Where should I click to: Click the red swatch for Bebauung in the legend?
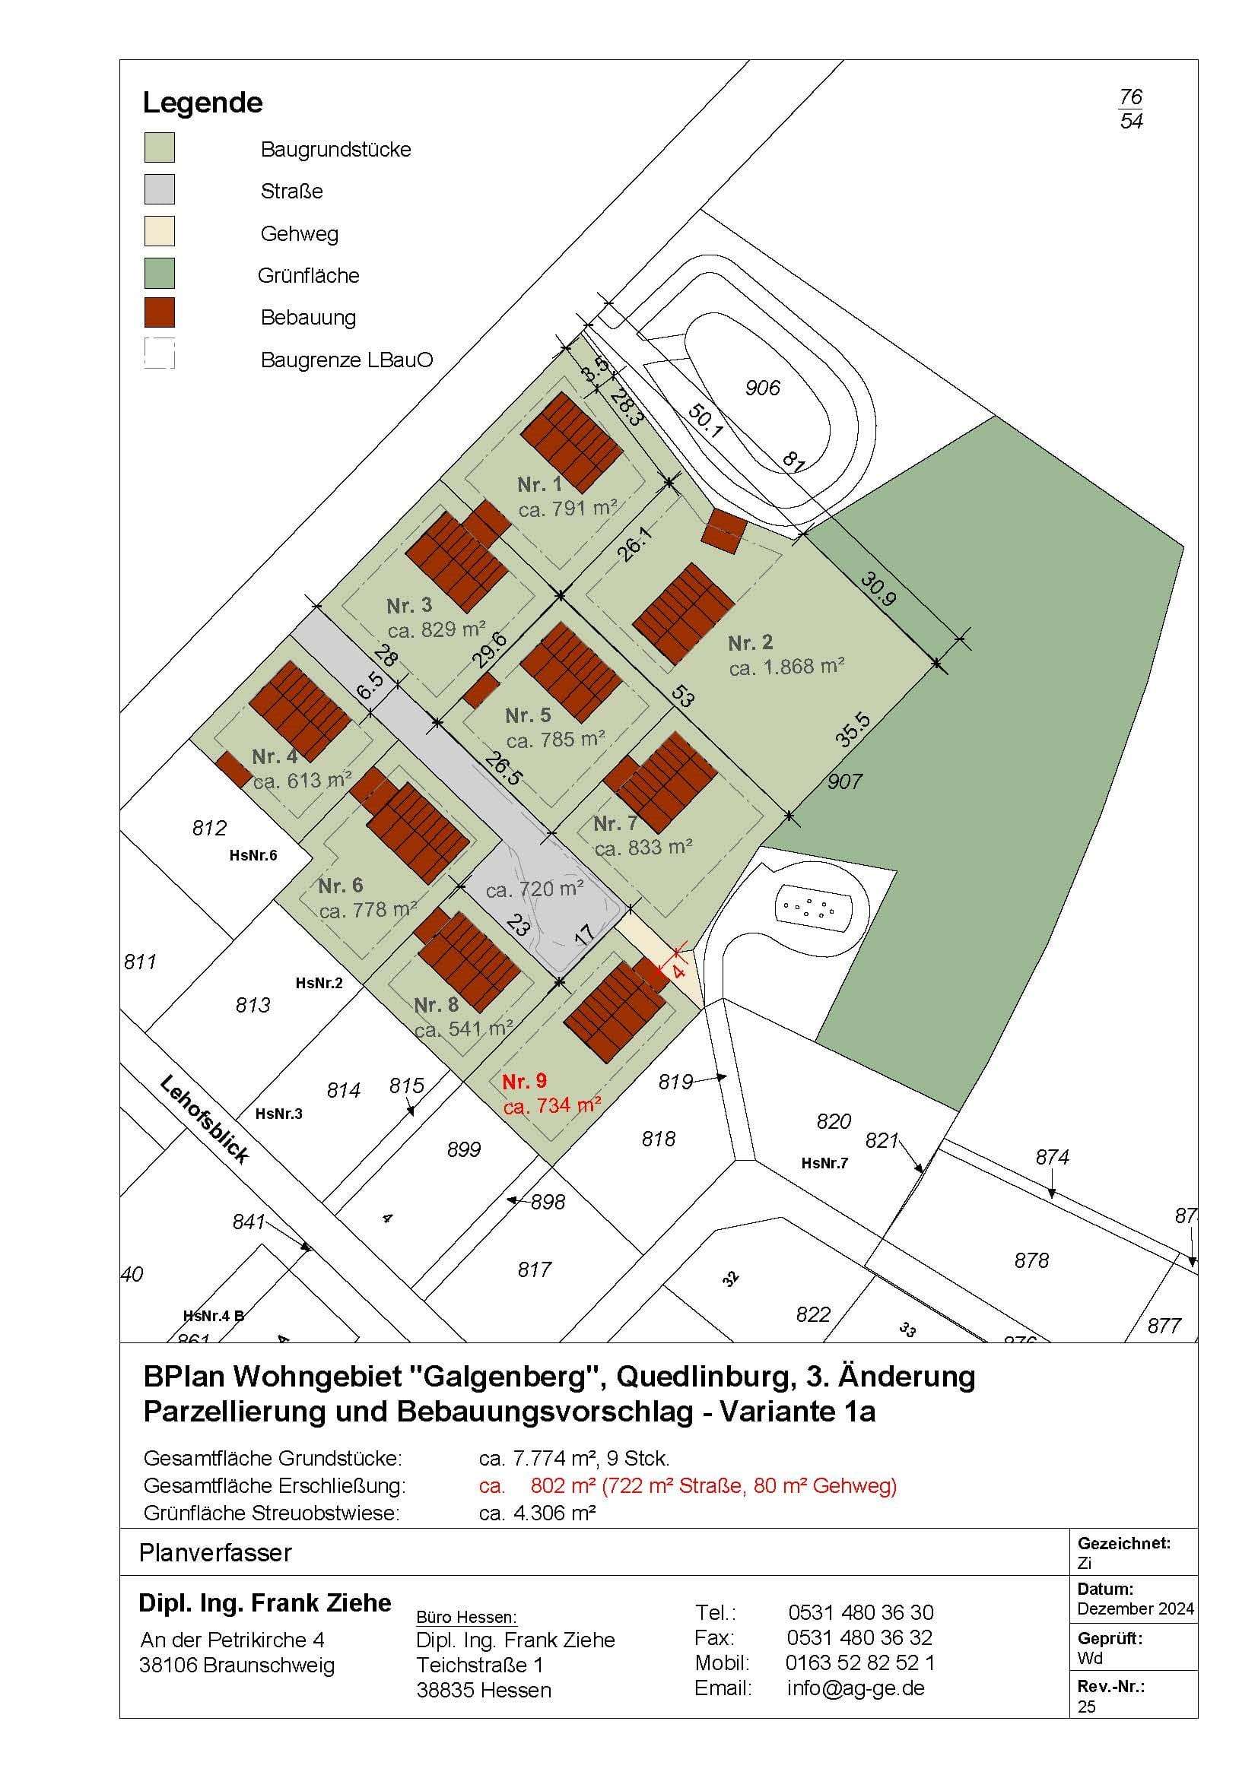click(160, 313)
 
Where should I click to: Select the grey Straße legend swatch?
click(160, 189)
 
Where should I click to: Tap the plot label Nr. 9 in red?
click(525, 1082)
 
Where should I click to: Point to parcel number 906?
click(762, 388)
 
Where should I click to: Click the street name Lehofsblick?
click(205, 1119)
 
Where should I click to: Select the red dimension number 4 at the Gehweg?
click(679, 969)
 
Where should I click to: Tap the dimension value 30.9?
click(878, 588)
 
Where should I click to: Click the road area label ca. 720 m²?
click(535, 889)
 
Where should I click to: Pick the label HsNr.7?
click(825, 1163)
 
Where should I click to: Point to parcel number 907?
click(844, 781)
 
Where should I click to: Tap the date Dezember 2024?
click(1135, 1608)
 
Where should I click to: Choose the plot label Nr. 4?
click(275, 756)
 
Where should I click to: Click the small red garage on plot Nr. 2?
click(724, 531)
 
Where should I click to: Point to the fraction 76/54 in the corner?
click(1131, 109)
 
